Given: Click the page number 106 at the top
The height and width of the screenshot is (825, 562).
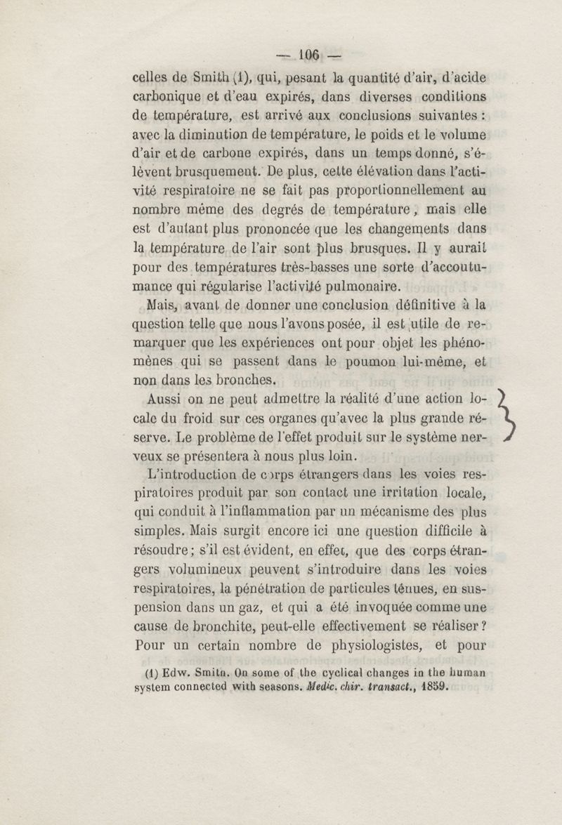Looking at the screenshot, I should coord(309,55).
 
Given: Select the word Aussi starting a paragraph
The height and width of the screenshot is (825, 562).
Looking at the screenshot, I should coord(167,400).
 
